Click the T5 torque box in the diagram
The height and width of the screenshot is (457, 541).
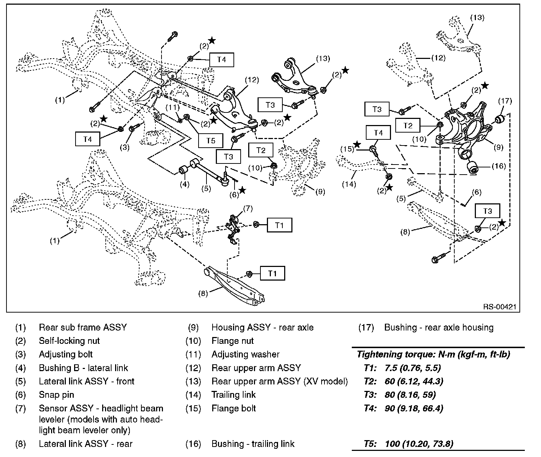(x=211, y=140)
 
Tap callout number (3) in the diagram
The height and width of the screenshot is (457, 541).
(x=125, y=147)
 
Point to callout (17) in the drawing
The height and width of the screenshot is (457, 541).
(x=505, y=101)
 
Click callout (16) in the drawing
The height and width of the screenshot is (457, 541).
(x=499, y=166)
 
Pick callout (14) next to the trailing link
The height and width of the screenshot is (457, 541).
(x=349, y=184)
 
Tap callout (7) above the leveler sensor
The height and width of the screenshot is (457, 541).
(x=248, y=208)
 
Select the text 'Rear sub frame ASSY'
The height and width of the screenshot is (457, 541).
(x=83, y=327)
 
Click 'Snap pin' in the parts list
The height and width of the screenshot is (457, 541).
(x=56, y=394)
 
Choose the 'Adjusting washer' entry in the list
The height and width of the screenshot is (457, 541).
(x=245, y=354)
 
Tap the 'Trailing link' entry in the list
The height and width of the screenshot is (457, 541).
(x=233, y=394)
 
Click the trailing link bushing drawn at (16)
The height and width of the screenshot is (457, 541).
(x=472, y=167)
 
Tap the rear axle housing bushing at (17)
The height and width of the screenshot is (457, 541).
(x=499, y=119)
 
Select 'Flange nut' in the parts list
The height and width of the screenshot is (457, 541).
(x=232, y=341)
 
